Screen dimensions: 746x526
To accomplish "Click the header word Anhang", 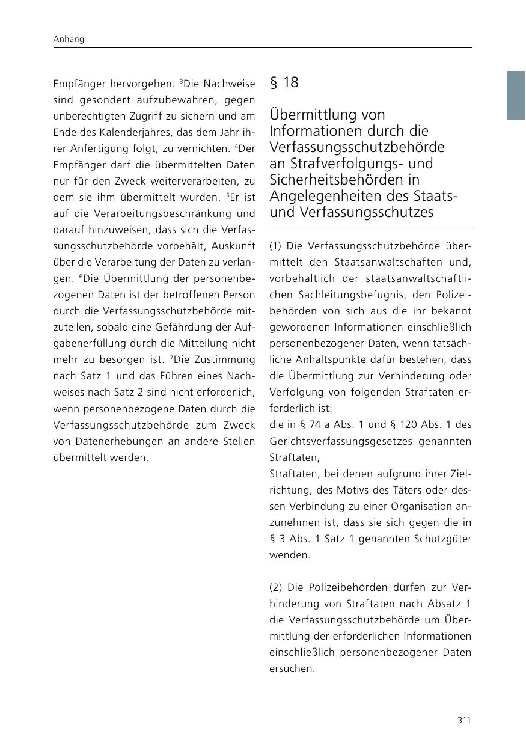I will pos(68,39).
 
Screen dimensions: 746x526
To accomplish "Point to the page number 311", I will pos(463,720).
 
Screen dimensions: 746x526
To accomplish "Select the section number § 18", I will pos(284,82).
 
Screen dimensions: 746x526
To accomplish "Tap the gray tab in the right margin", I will pos(516,95).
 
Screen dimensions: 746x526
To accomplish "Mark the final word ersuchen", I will pos(292,668).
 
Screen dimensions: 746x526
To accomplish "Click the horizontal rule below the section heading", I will pos(370,228).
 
